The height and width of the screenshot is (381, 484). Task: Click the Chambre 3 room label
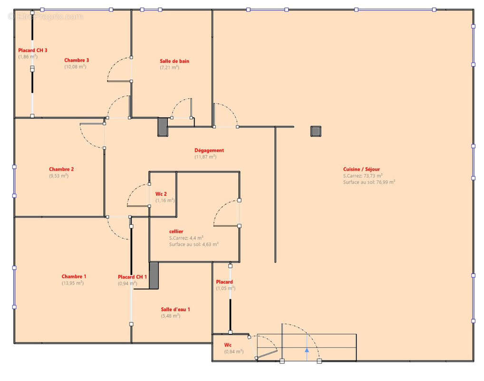pos(77,60)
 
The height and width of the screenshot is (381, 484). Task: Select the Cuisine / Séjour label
pos(361,169)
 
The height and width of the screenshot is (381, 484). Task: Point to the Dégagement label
pos(209,150)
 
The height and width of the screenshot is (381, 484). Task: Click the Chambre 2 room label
pos(61,169)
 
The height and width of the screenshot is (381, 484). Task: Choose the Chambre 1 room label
pos(74,276)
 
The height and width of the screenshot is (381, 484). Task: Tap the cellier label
pos(176,231)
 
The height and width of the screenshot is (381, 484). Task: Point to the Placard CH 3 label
pos(32,50)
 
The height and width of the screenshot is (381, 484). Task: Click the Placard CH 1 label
pos(132,277)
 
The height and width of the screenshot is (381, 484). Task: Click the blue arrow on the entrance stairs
pos(307,351)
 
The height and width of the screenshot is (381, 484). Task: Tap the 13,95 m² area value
pos(72,283)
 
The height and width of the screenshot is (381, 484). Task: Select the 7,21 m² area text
pos(169,68)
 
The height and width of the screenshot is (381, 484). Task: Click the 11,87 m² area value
pos(205,157)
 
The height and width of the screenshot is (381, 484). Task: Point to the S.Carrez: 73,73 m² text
pos(363,175)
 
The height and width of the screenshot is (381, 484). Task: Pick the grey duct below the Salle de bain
pos(163,127)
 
